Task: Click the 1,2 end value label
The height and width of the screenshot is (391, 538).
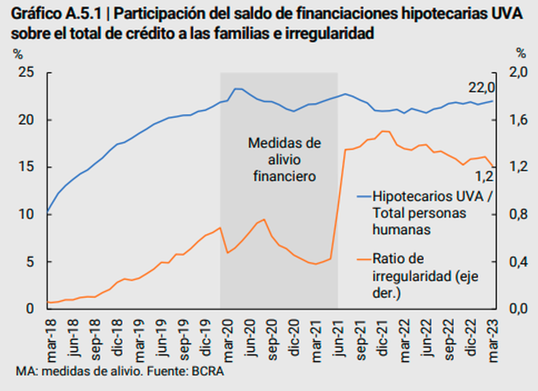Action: pyautogui.click(x=484, y=176)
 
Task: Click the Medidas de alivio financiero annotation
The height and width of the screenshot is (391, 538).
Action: pyautogui.click(x=284, y=160)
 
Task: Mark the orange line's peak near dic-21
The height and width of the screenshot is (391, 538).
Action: pyautogui.click(x=384, y=131)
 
